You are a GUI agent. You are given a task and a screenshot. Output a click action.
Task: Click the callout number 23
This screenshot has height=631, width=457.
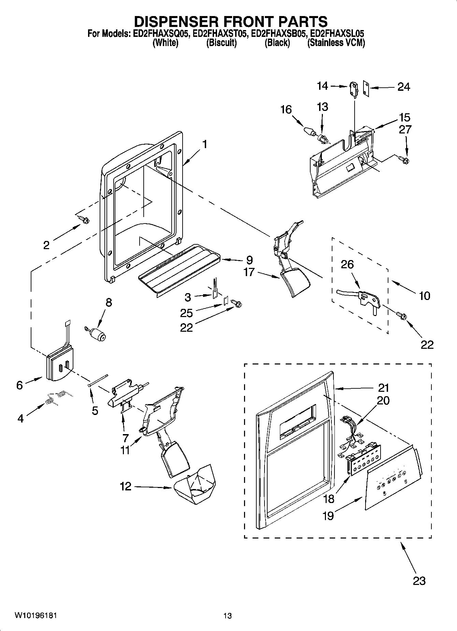[419, 580]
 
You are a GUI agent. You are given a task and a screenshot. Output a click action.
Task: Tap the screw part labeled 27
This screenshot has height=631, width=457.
[405, 159]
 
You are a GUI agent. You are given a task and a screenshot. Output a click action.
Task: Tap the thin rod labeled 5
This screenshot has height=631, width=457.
[98, 380]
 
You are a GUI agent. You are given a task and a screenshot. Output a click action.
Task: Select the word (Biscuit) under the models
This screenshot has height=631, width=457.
[221, 43]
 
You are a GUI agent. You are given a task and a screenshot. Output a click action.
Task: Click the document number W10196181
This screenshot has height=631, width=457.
[35, 615]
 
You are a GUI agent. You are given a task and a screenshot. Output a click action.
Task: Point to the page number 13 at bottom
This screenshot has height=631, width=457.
[227, 616]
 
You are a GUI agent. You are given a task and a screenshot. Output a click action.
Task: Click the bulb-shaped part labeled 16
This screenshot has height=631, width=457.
[309, 131]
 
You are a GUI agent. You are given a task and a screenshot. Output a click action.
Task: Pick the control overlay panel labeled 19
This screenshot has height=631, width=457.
[392, 478]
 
